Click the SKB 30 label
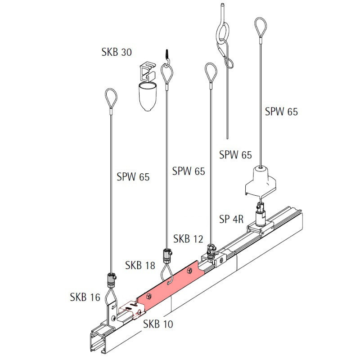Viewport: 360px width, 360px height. point(117,52)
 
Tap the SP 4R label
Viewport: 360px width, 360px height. point(231,220)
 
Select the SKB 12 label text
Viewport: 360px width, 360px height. point(189,239)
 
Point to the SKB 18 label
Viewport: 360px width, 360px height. point(140,265)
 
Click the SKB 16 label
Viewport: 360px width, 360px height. point(85,297)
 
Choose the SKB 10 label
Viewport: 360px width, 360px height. point(158,324)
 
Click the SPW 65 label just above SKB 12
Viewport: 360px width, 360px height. point(188,171)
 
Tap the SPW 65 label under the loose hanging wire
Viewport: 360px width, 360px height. point(235,155)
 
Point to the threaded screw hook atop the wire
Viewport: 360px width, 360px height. point(166,56)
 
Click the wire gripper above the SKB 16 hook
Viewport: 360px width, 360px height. point(111,280)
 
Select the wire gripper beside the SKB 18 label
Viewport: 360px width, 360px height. point(166,256)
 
